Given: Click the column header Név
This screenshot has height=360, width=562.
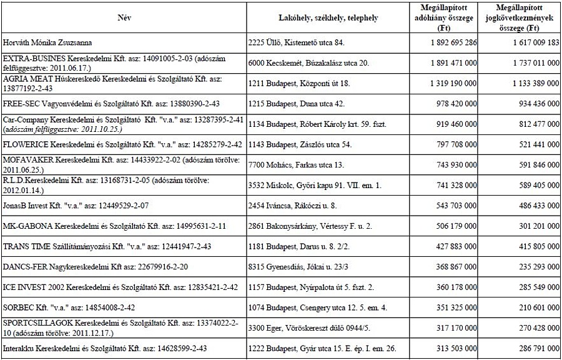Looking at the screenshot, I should coord(124,18).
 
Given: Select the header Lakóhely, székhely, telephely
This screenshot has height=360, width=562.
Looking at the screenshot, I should coord(328,18).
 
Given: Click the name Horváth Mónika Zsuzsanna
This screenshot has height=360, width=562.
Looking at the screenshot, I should coord(47,42).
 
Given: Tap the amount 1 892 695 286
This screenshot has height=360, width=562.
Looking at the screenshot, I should coord(454,42).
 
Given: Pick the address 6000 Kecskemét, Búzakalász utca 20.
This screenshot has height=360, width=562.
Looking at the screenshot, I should coord(308,63).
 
